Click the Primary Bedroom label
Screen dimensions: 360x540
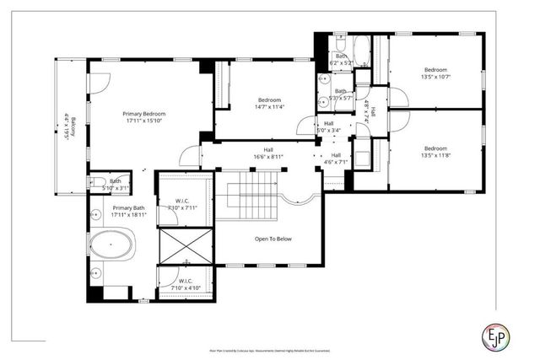143,114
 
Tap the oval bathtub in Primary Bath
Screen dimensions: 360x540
111,250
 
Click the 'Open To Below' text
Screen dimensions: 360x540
273,239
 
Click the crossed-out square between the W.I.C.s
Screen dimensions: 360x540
184,246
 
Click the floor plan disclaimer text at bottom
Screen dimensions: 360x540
270,348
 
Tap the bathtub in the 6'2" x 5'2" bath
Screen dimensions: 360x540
359,49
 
